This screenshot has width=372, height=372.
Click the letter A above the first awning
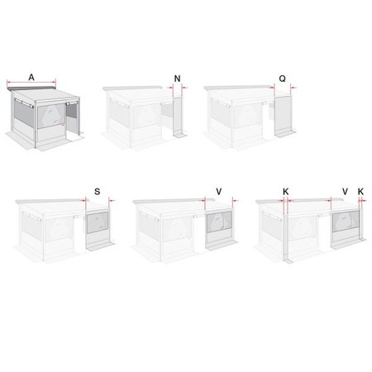[x=31, y=77]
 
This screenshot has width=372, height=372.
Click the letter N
[x=178, y=79]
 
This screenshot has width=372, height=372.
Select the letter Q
[x=283, y=79]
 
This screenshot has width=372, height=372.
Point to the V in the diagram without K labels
[x=217, y=191]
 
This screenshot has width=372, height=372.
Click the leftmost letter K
[x=284, y=191]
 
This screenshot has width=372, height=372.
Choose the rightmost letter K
[x=360, y=191]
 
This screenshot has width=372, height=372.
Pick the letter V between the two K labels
[x=344, y=191]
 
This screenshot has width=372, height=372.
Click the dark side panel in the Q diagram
[x=282, y=116]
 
